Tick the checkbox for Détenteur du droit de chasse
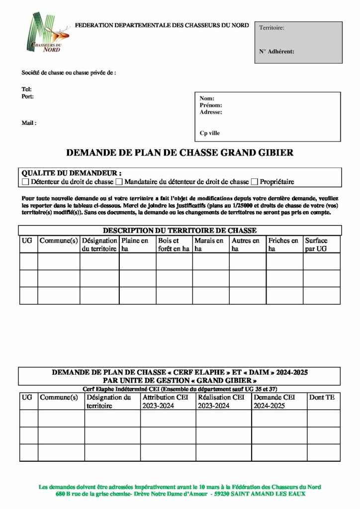click(x=26, y=182)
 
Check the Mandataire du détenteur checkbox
click(x=119, y=182)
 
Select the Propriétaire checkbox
click(x=255, y=182)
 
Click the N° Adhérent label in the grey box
click(x=276, y=51)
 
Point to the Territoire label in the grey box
click(x=271, y=28)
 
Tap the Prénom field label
click(x=211, y=105)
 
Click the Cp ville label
click(x=209, y=133)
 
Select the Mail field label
click(x=29, y=123)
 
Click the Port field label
click(x=27, y=96)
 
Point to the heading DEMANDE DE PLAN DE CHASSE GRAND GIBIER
click(x=180, y=153)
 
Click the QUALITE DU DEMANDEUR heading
click(x=72, y=173)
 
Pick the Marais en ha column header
click(x=209, y=245)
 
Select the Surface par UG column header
click(x=316, y=245)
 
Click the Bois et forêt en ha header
click(x=173, y=245)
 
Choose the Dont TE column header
click(x=322, y=398)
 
